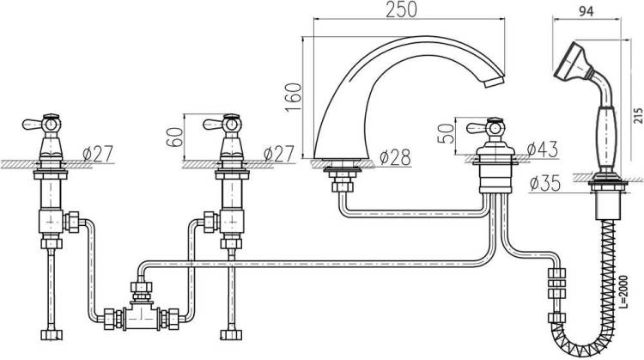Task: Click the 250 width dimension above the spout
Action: [x=401, y=9]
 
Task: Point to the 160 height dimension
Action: [x=294, y=97]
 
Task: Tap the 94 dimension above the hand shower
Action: [x=586, y=12]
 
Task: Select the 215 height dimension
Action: [x=638, y=115]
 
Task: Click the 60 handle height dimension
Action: [x=174, y=137]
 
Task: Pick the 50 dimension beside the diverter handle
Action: [x=446, y=133]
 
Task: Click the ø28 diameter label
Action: [x=395, y=157]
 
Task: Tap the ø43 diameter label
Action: [x=542, y=149]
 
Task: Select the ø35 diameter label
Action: [x=545, y=183]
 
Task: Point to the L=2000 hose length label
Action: [x=623, y=292]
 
